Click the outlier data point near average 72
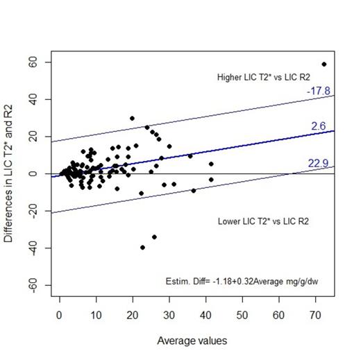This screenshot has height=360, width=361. [324, 64]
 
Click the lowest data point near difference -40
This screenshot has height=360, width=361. [142, 248]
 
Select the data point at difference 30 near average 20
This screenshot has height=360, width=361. [132, 118]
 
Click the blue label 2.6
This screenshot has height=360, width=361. [319, 126]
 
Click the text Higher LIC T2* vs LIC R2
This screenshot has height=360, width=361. [263, 76]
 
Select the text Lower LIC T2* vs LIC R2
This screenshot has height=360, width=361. [263, 222]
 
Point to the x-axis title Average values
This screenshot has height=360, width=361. [192, 341]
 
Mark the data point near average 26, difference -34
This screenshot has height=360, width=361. [154, 237]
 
